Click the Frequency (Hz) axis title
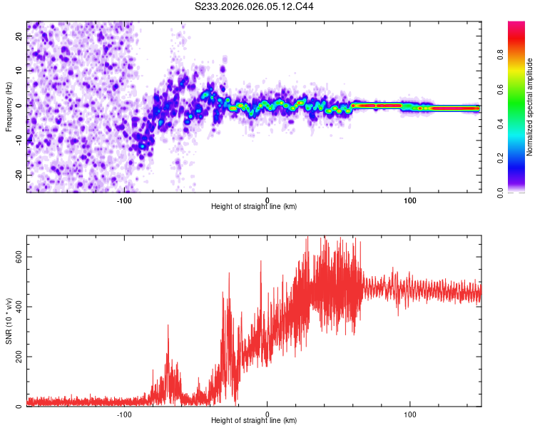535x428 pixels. pyautogui.click(x=9, y=106)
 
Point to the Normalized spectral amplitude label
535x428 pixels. pyautogui.click(x=529, y=108)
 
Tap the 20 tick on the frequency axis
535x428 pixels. pyautogui.click(x=21, y=36)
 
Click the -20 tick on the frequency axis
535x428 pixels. pyautogui.click(x=19, y=175)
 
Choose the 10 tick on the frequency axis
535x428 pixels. pyautogui.click(x=21, y=71)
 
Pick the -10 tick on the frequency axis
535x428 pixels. pyautogui.click(x=19, y=140)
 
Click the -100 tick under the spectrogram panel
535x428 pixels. pyautogui.click(x=124, y=200)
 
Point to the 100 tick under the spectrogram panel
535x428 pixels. pyautogui.click(x=410, y=200)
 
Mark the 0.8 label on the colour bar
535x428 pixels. pyautogui.click(x=501, y=55)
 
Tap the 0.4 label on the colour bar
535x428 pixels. pyautogui.click(x=501, y=123)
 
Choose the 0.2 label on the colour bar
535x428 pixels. pyautogui.click(x=501, y=158)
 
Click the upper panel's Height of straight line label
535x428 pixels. pyautogui.click(x=254, y=207)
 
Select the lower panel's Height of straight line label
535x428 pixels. pyautogui.click(x=254, y=421)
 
